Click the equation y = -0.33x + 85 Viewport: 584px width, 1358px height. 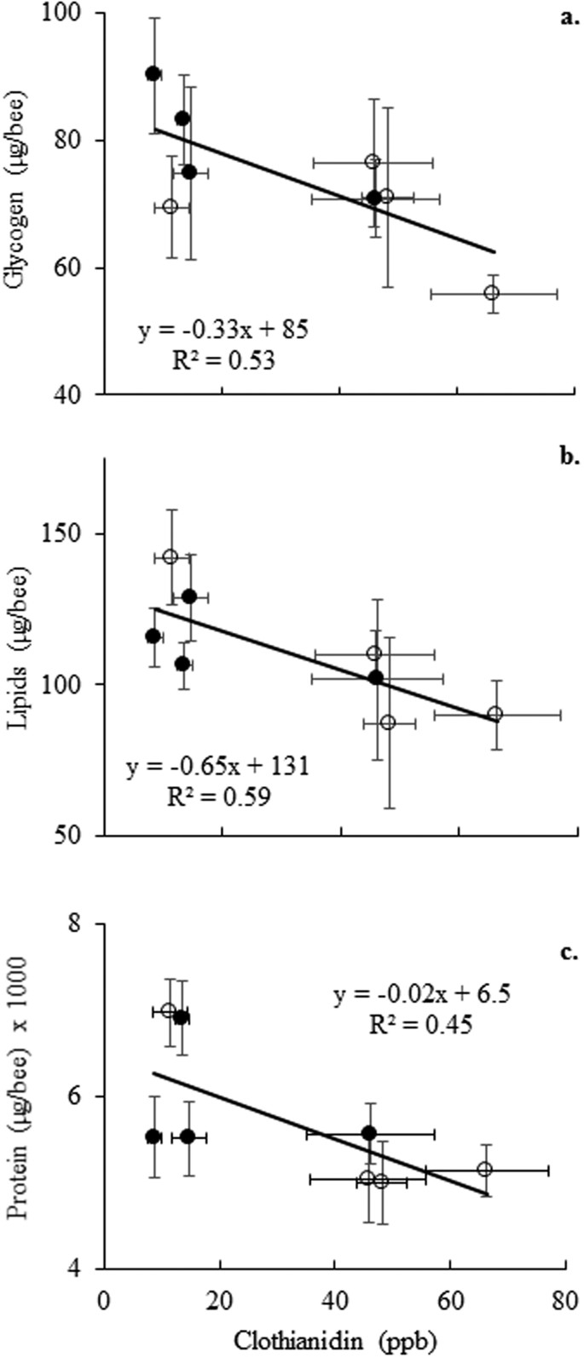click(223, 330)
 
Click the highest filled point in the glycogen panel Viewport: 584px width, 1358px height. click(153, 73)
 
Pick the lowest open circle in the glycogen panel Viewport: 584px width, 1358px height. click(491, 293)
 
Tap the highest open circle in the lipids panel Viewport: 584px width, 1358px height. click(171, 556)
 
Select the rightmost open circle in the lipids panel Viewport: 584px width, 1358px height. click(495, 714)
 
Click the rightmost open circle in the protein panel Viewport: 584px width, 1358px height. click(485, 1169)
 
